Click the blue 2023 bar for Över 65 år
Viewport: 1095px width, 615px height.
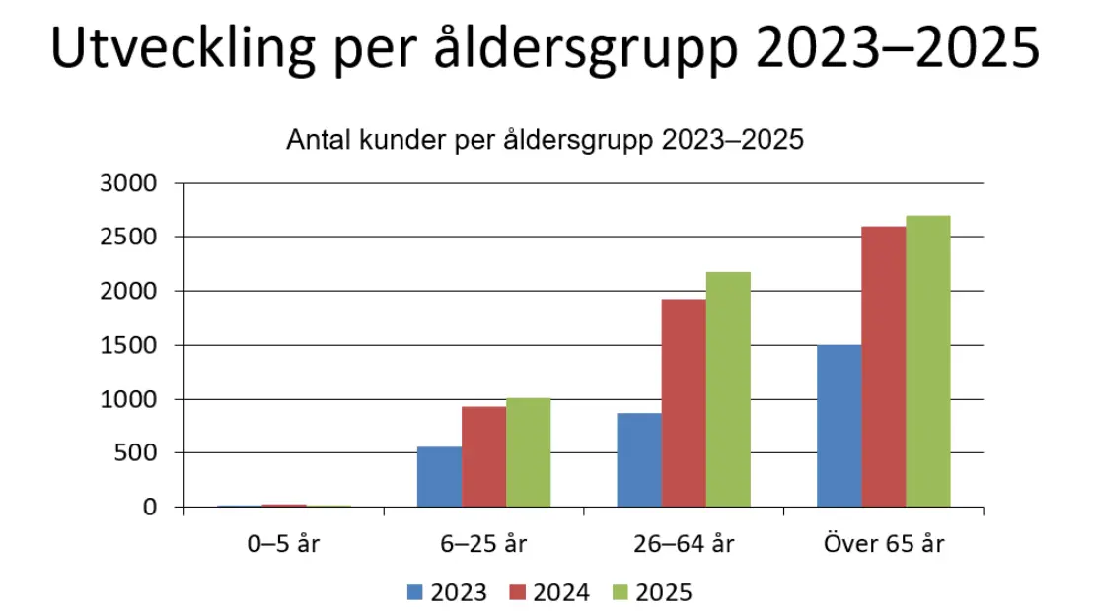[839, 426]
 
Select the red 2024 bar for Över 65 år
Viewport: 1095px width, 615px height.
[883, 367]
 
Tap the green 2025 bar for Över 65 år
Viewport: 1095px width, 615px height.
[927, 361]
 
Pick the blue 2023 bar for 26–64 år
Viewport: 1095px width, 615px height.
[638, 459]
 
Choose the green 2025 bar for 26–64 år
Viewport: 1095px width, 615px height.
[727, 389]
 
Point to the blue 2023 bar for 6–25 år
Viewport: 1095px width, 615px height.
[439, 477]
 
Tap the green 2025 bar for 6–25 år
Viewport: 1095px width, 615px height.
[528, 452]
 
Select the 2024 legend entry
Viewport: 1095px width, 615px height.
[549, 592]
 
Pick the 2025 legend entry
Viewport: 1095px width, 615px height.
[652, 592]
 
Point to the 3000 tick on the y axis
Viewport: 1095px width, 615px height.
[128, 183]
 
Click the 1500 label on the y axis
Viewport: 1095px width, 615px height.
[128, 345]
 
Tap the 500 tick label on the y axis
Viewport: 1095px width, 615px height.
[135, 453]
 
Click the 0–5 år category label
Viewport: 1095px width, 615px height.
[283, 543]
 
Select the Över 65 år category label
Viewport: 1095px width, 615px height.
[882, 543]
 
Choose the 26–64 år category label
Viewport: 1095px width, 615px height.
[683, 543]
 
